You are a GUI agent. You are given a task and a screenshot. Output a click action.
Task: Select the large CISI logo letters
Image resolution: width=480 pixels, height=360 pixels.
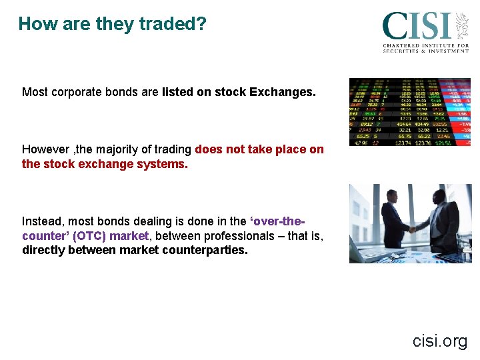(416, 27)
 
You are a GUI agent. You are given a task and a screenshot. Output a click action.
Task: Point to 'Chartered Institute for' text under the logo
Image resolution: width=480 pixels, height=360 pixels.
(426, 45)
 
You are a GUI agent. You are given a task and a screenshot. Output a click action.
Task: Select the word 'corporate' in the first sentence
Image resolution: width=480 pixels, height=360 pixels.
(74, 92)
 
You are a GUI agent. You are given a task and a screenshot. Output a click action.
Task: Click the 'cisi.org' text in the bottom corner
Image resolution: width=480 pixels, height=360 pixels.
(440, 341)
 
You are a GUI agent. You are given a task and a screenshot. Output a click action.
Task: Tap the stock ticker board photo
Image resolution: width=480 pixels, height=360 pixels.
(410, 111)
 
